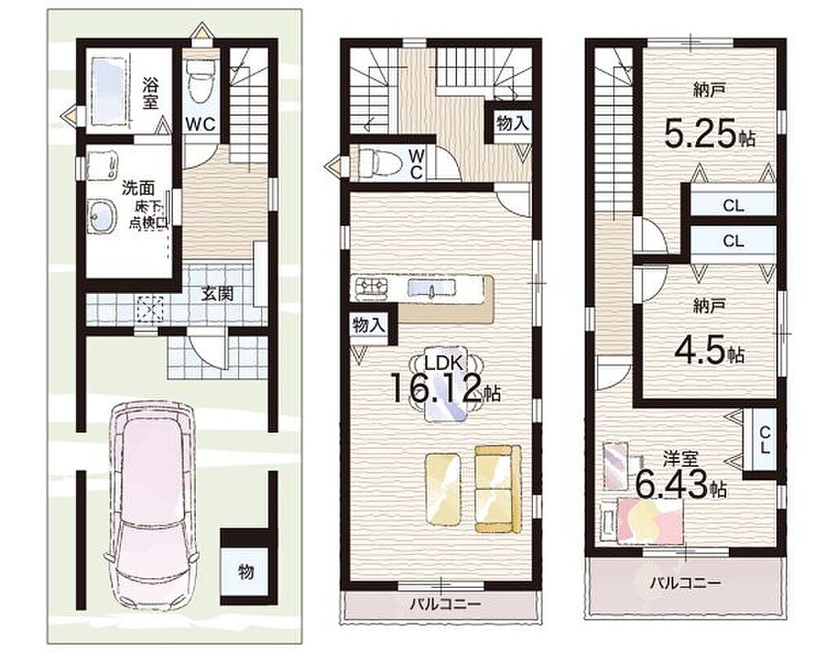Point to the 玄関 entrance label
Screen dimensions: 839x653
coord(217,293)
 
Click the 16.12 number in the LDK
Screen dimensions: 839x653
coord(436,389)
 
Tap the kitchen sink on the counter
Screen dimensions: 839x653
coord(431,289)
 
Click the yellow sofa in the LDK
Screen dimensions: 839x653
coord(498,489)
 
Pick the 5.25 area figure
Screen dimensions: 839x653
coord(701,133)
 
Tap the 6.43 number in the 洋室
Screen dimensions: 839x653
coord(672,484)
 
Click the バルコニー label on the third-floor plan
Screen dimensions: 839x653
coord(686,583)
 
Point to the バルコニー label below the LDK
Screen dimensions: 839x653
coord(445,605)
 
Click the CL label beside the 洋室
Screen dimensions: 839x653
coord(765,439)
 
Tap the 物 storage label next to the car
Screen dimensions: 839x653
coord(246,572)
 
